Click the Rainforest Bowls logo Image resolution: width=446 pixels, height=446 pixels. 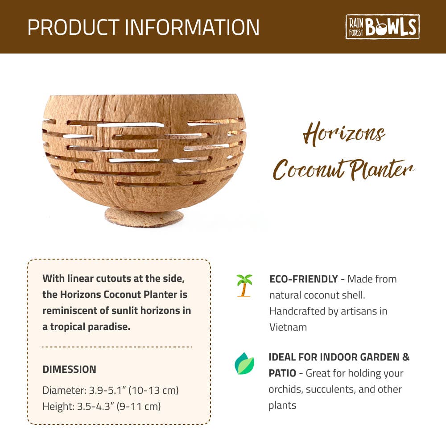click(x=382, y=27)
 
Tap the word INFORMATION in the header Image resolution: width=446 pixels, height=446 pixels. click(x=192, y=27)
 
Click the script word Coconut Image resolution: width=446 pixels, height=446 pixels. click(x=308, y=170)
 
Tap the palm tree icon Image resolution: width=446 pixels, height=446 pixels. click(x=244, y=285)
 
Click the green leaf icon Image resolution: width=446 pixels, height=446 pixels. click(x=244, y=363)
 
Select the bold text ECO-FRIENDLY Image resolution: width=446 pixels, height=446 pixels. click(x=303, y=279)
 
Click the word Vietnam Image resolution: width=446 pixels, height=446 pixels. click(x=288, y=327)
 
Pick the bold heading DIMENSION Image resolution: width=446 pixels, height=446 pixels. click(x=69, y=369)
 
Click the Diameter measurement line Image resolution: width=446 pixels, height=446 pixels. click(x=111, y=390)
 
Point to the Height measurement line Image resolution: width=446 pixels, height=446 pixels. click(x=102, y=406)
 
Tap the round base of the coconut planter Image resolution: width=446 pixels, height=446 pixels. click(x=144, y=218)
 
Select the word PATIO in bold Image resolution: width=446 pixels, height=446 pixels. click(x=282, y=373)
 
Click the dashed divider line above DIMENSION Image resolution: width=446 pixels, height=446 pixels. click(x=117, y=347)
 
